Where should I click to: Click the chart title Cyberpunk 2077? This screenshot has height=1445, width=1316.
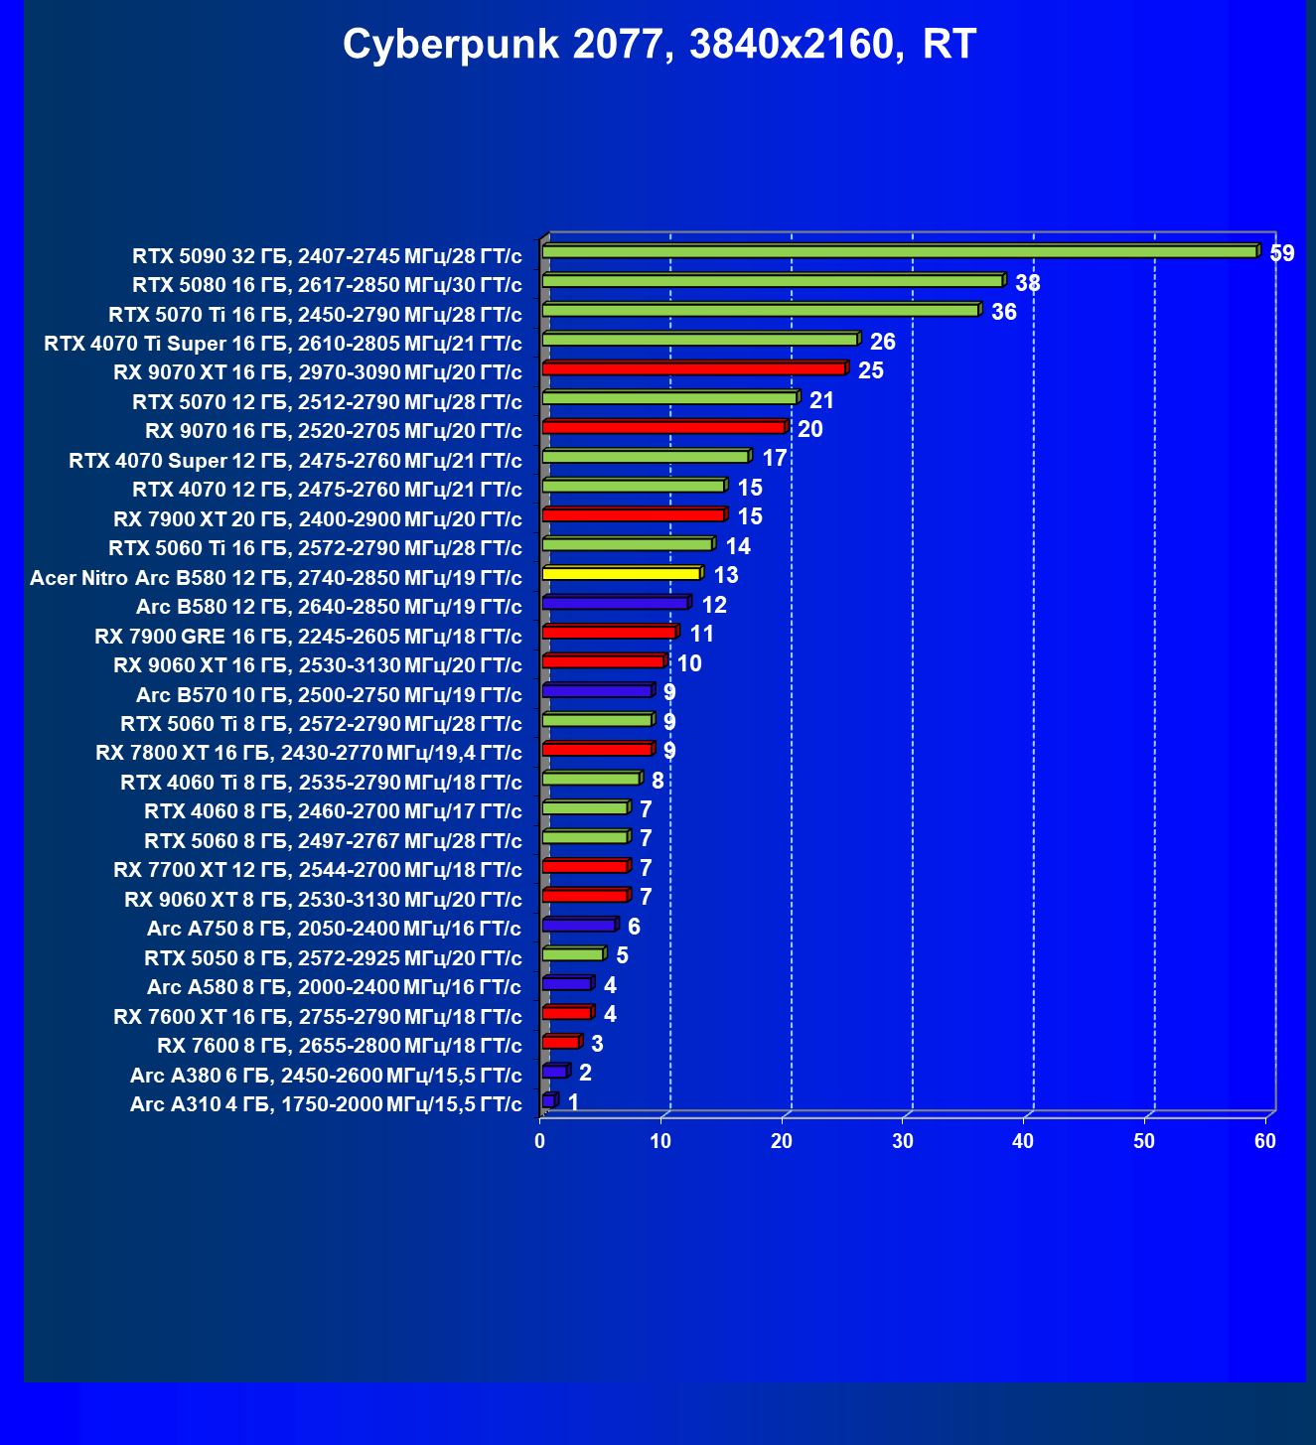pyautogui.click(x=659, y=45)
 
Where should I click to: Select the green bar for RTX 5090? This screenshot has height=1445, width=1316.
pyautogui.click(x=899, y=252)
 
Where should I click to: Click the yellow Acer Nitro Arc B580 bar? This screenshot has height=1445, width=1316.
pyautogui.click(x=622, y=574)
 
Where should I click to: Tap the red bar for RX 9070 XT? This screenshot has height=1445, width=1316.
pyautogui.click(x=693, y=369)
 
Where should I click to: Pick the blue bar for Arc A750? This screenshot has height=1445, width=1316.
pyautogui.click(x=579, y=926)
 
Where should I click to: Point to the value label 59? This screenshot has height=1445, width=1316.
pyautogui.click(x=1282, y=253)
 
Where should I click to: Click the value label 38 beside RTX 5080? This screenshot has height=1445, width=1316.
pyautogui.click(x=1028, y=283)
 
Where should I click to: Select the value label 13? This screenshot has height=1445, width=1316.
pyautogui.click(x=726, y=575)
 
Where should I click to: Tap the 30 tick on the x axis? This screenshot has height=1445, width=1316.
pyautogui.click(x=903, y=1141)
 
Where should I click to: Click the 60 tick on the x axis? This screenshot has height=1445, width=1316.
pyautogui.click(x=1265, y=1141)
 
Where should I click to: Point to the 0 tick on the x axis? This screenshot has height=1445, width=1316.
pyautogui.click(x=540, y=1141)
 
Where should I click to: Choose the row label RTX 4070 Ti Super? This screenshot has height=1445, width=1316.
pyautogui.click(x=283, y=344)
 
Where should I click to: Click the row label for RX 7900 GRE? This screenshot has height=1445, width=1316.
pyautogui.click(x=308, y=636)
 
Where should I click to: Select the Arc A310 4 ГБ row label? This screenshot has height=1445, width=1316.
pyautogui.click(x=326, y=1104)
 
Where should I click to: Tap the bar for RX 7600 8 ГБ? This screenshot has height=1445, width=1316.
pyautogui.click(x=561, y=1043)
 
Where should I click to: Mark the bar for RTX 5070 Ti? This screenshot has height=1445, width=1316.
pyautogui.click(x=761, y=311)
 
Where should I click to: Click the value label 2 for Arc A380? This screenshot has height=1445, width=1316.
pyautogui.click(x=586, y=1073)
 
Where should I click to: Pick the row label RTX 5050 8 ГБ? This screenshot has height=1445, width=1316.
pyautogui.click(x=333, y=958)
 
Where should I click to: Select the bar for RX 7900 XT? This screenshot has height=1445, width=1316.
pyautogui.click(x=634, y=515)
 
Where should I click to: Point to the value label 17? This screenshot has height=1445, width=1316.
pyautogui.click(x=775, y=458)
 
